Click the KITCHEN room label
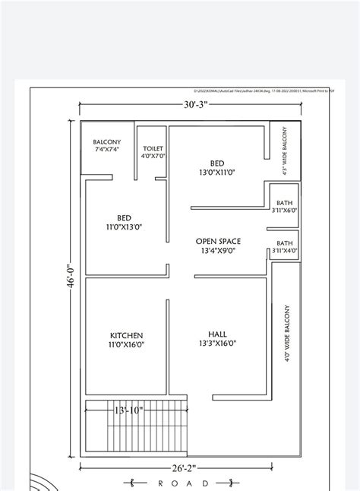(x=126, y=334)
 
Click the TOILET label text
(x=153, y=148)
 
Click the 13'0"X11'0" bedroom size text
(x=216, y=173)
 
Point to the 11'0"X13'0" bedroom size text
(x=125, y=226)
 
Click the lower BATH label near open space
(x=284, y=243)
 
